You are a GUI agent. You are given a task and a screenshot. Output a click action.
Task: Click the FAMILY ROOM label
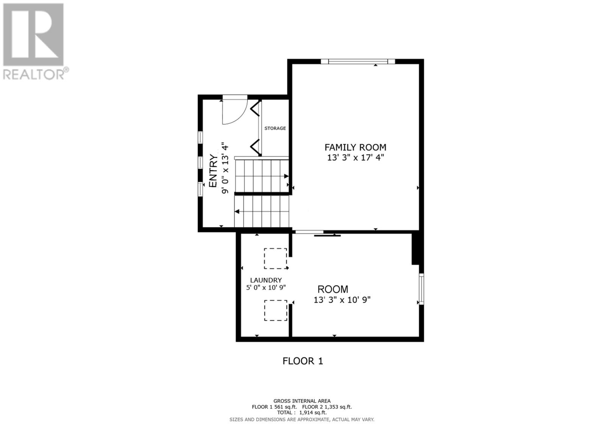(355, 147)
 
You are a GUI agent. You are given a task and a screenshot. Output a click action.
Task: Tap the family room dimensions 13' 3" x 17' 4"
(355, 157)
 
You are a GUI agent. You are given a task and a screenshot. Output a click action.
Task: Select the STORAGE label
(275, 128)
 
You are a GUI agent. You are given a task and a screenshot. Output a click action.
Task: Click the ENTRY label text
(213, 171)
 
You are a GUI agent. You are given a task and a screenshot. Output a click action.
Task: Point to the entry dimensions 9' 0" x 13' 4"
(225, 168)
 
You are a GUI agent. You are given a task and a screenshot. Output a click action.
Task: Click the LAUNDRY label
(266, 280)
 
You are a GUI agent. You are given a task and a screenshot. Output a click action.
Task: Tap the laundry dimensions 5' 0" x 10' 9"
(266, 288)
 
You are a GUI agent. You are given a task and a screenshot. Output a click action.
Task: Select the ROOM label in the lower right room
(333, 289)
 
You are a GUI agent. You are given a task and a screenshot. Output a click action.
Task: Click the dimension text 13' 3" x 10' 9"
(342, 300)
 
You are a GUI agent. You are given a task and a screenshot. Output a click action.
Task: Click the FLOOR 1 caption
(303, 361)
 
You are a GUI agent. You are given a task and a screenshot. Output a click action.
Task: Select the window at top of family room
(358, 61)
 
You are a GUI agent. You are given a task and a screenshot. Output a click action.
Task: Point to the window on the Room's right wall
(421, 289)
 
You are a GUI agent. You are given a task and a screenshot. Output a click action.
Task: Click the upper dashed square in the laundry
(275, 258)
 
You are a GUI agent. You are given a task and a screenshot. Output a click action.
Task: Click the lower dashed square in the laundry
(275, 310)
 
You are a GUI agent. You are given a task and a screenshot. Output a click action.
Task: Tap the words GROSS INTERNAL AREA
(302, 401)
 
